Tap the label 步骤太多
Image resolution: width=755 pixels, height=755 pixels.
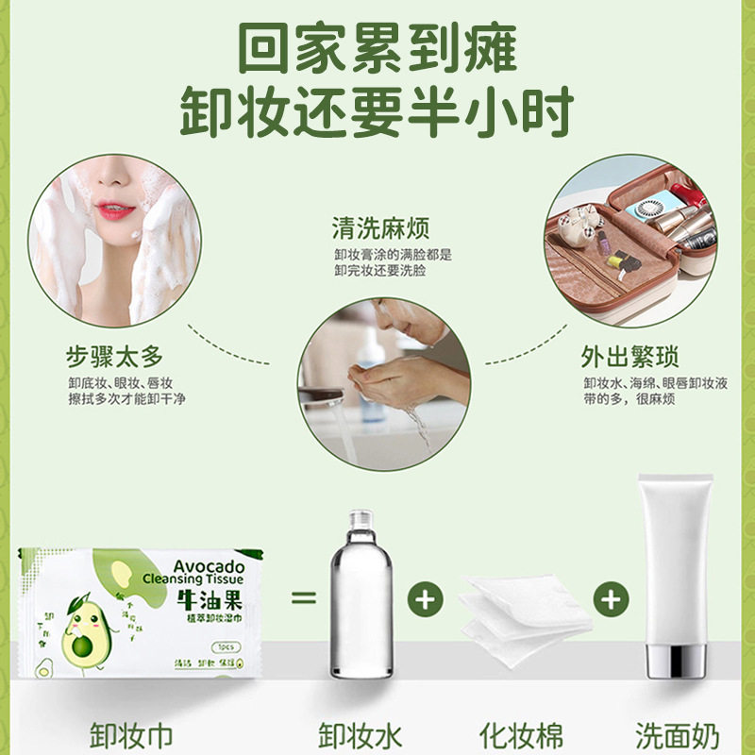[x=114, y=356]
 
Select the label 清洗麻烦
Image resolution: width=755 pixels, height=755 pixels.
[x=380, y=229]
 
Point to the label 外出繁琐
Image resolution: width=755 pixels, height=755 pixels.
[x=629, y=358]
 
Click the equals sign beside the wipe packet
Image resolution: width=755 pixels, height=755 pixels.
[x=301, y=598]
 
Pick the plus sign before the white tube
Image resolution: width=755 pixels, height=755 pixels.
[x=611, y=598]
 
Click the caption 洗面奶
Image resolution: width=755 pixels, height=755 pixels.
[x=677, y=733]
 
